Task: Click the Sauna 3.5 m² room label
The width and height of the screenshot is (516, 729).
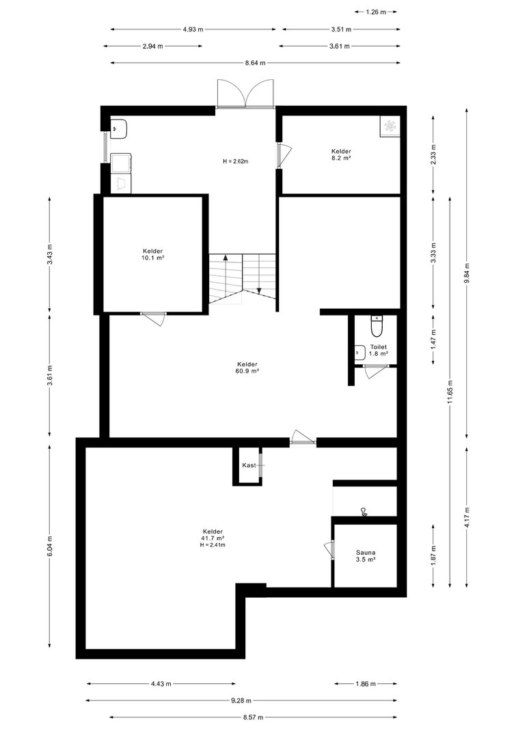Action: [366, 556]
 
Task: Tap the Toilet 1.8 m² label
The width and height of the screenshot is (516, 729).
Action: [379, 350]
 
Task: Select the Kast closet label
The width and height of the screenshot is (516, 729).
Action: [249, 465]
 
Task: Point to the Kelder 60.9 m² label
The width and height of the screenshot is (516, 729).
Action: [247, 368]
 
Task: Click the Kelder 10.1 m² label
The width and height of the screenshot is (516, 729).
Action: [153, 254]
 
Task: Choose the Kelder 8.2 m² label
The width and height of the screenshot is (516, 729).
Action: [341, 154]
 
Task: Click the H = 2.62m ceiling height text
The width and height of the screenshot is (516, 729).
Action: [236, 161]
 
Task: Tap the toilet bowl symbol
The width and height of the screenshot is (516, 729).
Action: [376, 326]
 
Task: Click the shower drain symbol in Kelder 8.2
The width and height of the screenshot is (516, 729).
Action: [390, 124]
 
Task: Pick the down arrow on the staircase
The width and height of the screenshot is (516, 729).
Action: [260, 274]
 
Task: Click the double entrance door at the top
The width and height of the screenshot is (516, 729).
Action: [245, 94]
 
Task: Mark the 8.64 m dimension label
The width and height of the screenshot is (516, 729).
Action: [255, 63]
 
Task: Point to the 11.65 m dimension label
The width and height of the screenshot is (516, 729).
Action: [450, 392]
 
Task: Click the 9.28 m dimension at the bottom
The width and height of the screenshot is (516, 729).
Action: [241, 700]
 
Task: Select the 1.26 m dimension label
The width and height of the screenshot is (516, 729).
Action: [376, 12]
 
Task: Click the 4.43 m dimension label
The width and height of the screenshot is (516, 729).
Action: [161, 683]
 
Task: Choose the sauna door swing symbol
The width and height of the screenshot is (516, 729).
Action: [329, 549]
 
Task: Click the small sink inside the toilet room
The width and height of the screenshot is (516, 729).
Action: [359, 353]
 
